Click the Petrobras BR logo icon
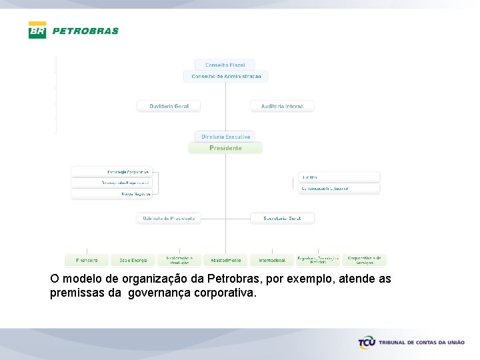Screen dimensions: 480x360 (37, 30)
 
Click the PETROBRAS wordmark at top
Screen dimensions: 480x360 (85, 31)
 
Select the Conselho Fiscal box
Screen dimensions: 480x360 (225, 65)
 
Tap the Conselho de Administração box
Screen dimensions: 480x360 (226, 77)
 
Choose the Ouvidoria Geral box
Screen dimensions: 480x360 (169, 106)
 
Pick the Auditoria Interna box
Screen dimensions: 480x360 (282, 106)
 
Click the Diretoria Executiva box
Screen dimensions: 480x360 (225, 136)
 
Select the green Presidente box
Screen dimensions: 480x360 (225, 148)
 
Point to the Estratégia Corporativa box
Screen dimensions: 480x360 (112, 171)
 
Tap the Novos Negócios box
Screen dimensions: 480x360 (112, 194)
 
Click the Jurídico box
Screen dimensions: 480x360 (339, 177)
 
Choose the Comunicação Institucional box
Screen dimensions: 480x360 (339, 189)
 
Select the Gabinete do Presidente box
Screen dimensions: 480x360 (169, 218)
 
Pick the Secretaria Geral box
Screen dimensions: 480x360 (282, 218)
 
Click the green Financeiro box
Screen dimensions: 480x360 (87, 260)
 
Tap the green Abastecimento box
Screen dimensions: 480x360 (226, 260)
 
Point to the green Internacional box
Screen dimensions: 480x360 (272, 260)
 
